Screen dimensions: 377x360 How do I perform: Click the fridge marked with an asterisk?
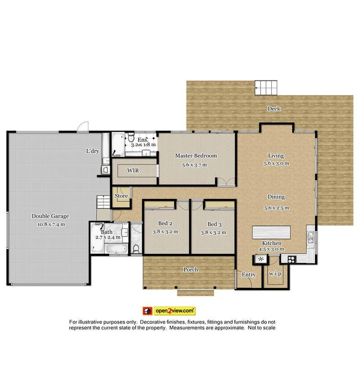point(261,259)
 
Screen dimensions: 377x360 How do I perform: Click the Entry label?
point(248,275)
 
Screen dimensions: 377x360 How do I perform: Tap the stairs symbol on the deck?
point(264,88)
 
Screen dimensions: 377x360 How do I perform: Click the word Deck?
point(274,109)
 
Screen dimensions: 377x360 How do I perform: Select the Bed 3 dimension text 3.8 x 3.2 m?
point(213,232)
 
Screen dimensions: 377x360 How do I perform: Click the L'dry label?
point(92,151)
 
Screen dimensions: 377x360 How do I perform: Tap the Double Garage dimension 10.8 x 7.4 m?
point(50,224)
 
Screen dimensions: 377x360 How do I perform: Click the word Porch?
point(190,270)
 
